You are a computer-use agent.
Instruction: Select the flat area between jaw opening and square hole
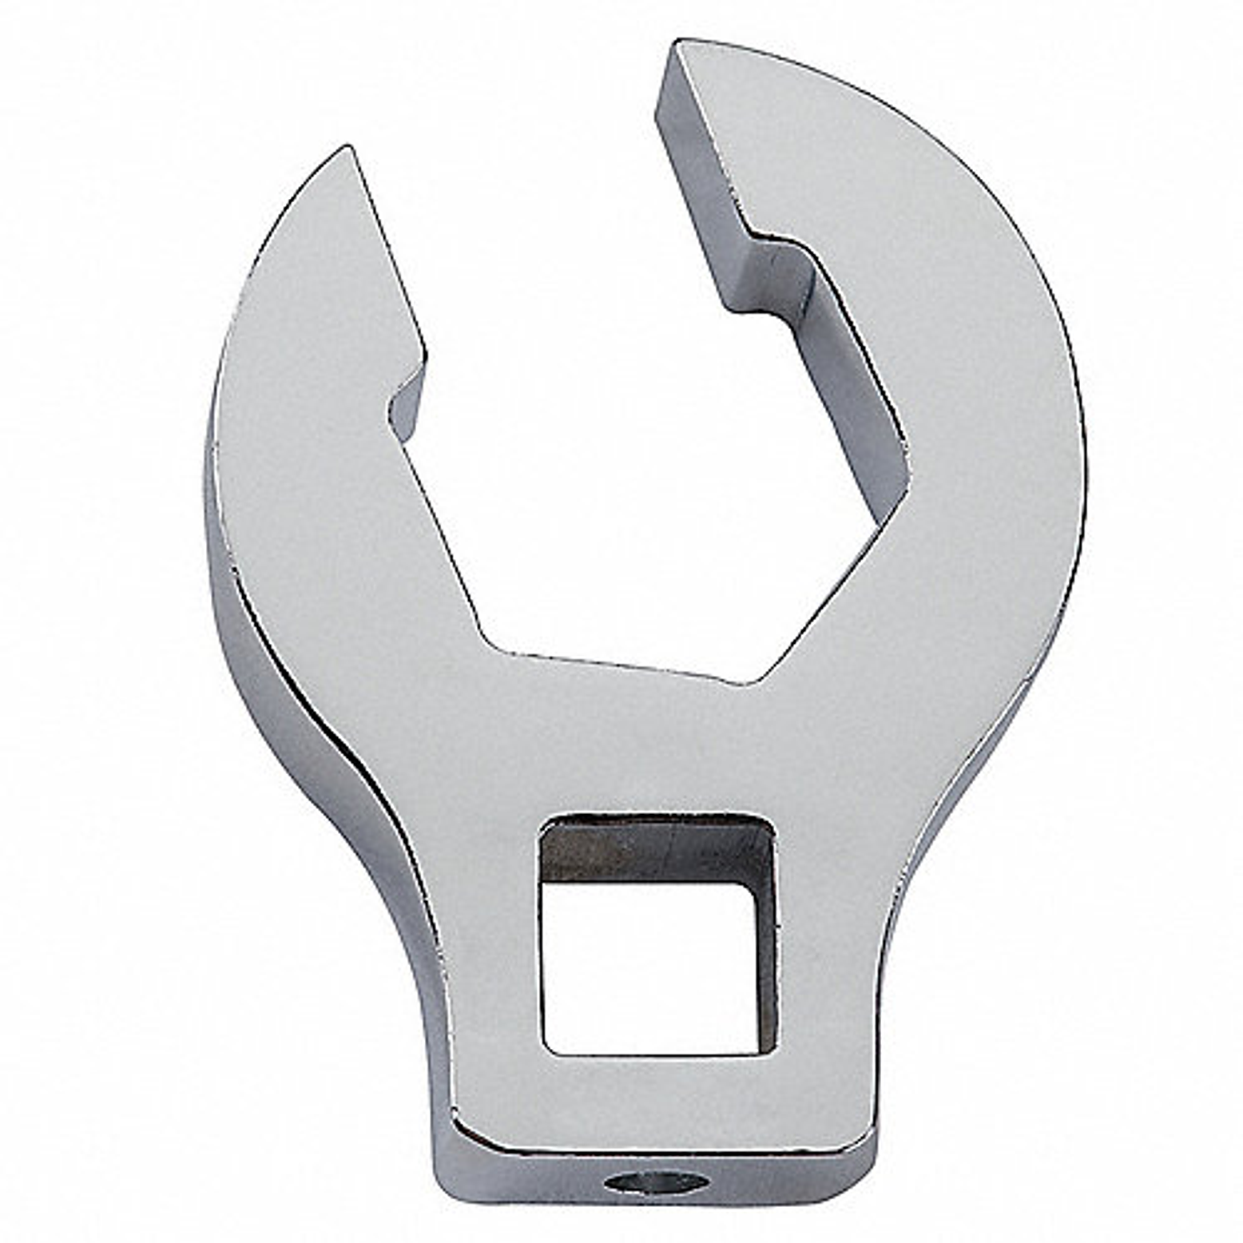click(x=639, y=743)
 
